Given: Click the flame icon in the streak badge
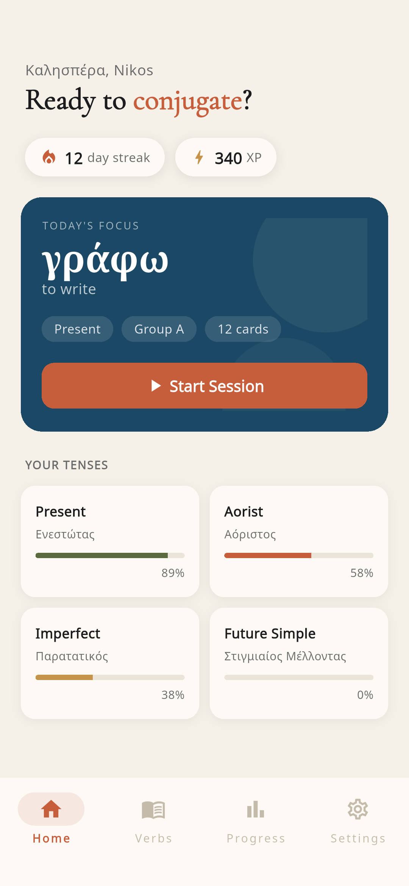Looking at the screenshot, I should click(x=49, y=157).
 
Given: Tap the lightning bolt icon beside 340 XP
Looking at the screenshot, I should click(x=199, y=157).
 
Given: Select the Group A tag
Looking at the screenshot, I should click(x=159, y=329).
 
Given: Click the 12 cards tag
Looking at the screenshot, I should click(x=243, y=329).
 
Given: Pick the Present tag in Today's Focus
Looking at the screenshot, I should click(x=77, y=329).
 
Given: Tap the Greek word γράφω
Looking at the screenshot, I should click(x=105, y=261).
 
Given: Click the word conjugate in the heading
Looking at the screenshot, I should click(x=187, y=101).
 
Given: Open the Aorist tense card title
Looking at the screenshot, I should click(x=244, y=512).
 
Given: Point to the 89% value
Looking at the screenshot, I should click(x=173, y=573).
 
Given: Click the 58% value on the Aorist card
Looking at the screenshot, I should click(x=362, y=573).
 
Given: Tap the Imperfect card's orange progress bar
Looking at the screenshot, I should click(x=64, y=677).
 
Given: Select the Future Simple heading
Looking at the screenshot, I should click(x=270, y=633).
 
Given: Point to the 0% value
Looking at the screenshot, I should click(x=365, y=695).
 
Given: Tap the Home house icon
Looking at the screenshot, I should click(x=51, y=809).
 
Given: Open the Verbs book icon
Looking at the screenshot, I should click(x=153, y=810).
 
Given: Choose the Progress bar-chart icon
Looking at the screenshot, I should click(x=256, y=810).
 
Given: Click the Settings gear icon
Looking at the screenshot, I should click(x=358, y=809).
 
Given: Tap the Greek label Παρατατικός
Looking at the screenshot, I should click(x=72, y=656).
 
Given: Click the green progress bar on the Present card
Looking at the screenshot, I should click(x=101, y=555).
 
